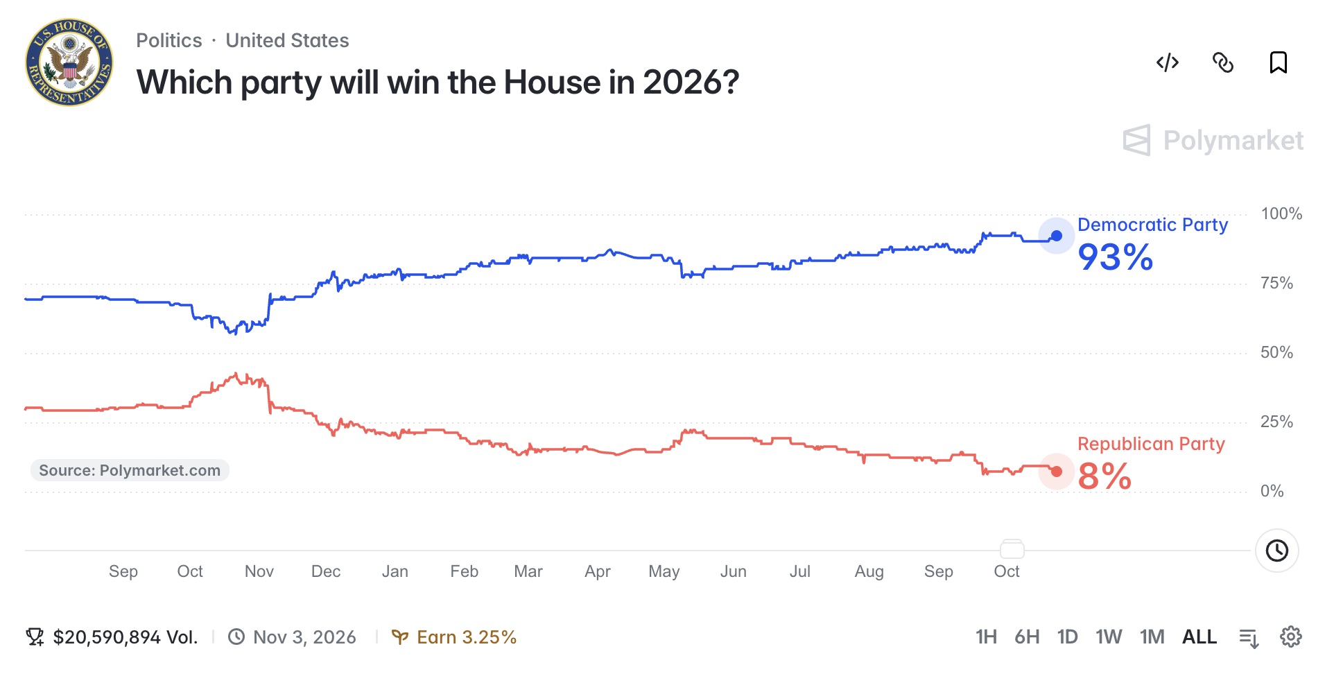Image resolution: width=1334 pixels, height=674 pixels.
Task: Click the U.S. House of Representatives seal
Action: point(69,62)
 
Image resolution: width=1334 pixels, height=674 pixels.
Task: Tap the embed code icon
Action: point(1168,62)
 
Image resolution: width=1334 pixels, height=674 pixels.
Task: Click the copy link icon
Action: point(1223,62)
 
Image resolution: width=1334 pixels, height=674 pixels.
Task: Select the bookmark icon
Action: point(1279,62)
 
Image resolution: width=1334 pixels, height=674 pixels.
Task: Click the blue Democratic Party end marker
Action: point(1057,236)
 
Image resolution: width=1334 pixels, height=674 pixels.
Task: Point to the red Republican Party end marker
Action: point(1057,472)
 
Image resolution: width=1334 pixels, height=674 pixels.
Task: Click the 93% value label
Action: point(1116,257)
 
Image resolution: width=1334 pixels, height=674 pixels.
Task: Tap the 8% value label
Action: point(1105,476)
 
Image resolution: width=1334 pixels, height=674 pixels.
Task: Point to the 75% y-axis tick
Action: point(1276,283)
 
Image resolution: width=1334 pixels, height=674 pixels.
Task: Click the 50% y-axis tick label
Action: point(1276,352)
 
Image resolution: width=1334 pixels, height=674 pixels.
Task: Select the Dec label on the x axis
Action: point(326,571)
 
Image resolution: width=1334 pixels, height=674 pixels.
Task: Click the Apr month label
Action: point(598,571)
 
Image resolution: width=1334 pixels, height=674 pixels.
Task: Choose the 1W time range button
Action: point(1109,637)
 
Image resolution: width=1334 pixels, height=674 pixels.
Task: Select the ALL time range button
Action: point(1199,637)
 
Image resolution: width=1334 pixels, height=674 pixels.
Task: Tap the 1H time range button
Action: point(986,637)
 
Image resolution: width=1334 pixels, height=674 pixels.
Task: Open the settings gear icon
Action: point(1291,637)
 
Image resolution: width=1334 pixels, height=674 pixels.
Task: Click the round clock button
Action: point(1277,551)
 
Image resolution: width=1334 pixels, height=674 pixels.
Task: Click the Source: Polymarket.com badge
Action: point(130,470)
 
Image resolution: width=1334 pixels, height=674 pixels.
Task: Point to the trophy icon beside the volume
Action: point(35,637)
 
